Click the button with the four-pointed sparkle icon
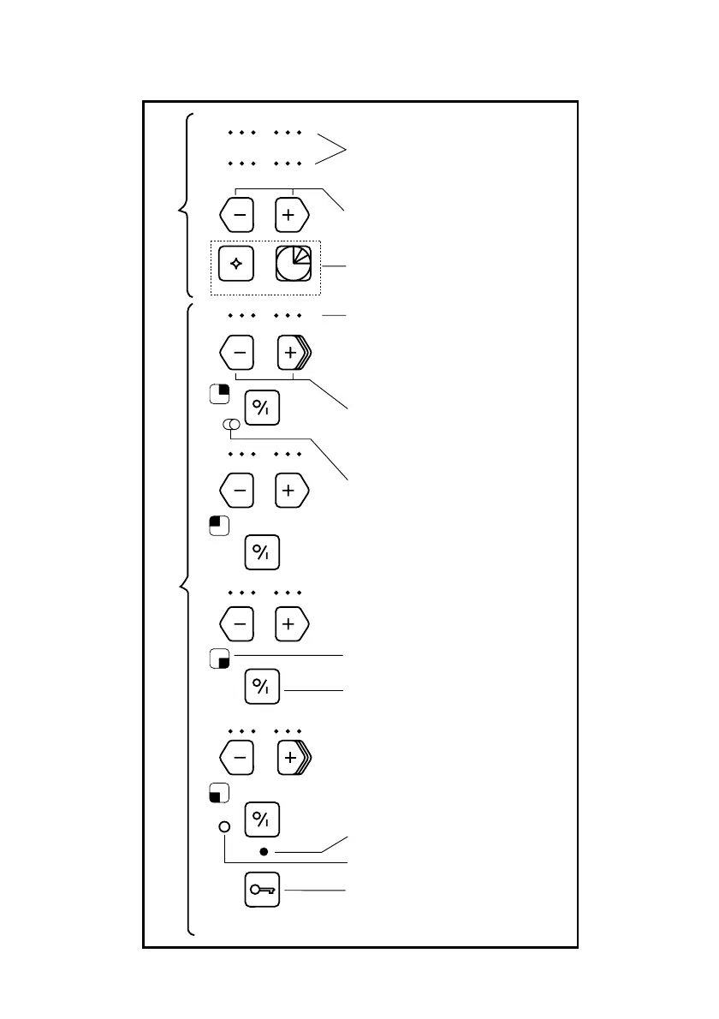coord(236,264)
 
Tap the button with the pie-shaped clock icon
coord(293,264)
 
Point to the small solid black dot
coord(264,852)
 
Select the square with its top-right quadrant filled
coord(218,393)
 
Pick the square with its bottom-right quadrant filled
coord(218,658)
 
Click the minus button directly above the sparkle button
coord(238,216)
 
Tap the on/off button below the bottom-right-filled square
coord(262,687)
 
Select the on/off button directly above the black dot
coord(262,820)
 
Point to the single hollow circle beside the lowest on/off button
coord(224,827)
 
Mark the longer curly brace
coord(185,617)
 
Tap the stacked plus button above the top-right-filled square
coord(293,351)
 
